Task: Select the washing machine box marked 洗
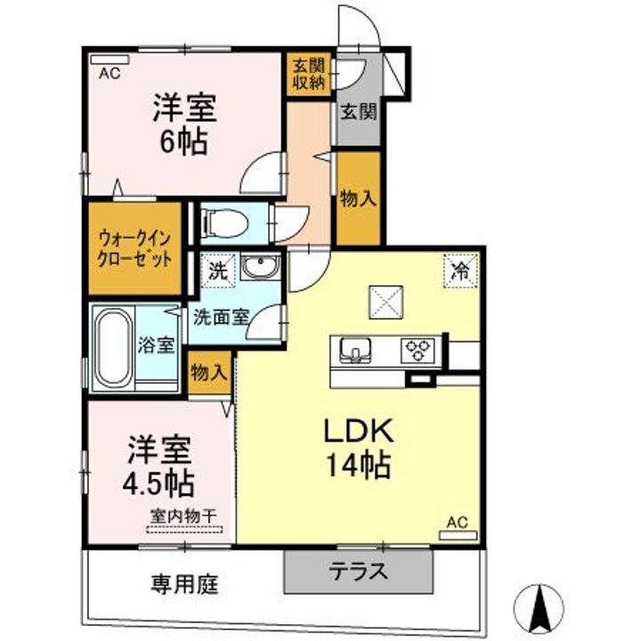coord(219,271)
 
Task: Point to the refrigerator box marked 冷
coord(460,271)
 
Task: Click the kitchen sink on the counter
coord(356,350)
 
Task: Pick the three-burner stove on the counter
coord(418,351)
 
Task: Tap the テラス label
coord(359,571)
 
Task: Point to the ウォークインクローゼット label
coord(135,248)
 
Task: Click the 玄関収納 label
coord(310,74)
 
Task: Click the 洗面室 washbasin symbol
coord(260,267)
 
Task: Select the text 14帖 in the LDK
coord(358,466)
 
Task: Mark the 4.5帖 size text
coord(158,483)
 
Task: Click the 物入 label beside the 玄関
coord(359,199)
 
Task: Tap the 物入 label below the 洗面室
coord(208,372)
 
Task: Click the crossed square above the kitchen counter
coord(386,302)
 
